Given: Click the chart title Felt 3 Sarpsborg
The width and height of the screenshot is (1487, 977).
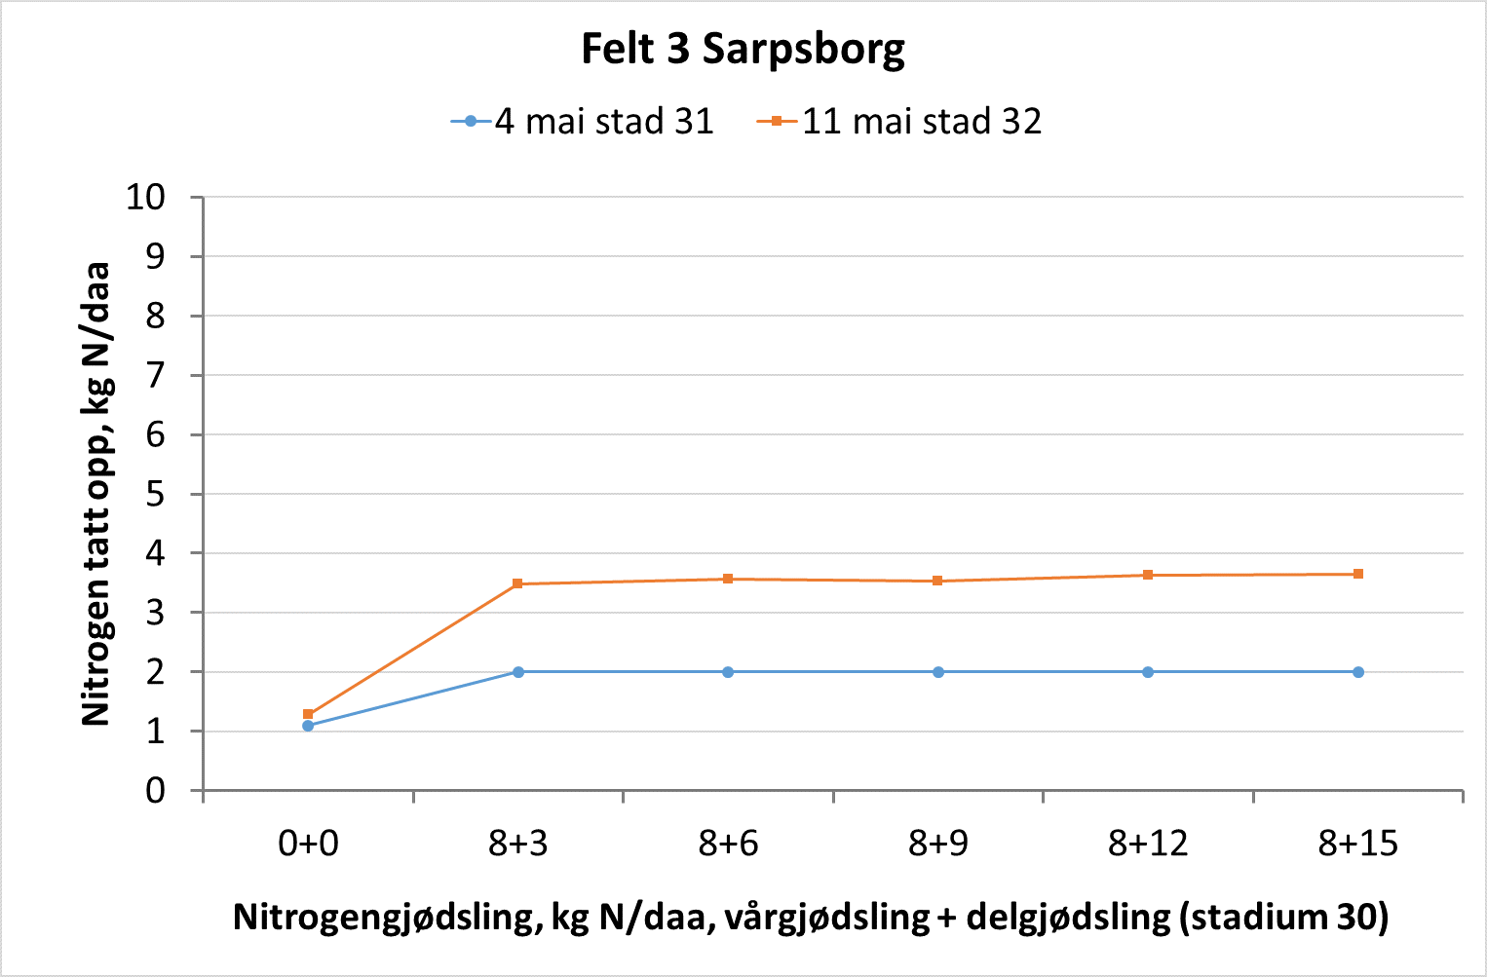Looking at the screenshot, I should pos(743,49).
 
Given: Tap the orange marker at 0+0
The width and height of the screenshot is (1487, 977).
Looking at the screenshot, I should pos(308,714).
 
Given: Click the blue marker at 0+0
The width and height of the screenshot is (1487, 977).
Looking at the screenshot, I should pos(308,726).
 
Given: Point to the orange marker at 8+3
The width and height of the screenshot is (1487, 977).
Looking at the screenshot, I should pos(518,583).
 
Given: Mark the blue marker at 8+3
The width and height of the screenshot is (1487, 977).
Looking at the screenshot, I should pos(518,672).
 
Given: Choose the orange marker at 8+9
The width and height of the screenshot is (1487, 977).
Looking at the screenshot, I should pos(938,581).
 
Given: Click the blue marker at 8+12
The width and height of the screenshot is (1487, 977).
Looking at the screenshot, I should pos(1148,672).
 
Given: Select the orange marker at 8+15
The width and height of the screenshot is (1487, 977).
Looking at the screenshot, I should pos(1358,574).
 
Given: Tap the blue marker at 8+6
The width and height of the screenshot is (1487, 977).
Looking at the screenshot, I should pos(728,672).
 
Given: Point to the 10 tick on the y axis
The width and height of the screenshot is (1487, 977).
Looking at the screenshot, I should pos(145,198).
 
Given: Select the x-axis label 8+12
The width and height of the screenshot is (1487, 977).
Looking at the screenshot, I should pos(1148,844).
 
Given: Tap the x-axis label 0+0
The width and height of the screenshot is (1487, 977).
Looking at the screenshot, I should pos(308,844).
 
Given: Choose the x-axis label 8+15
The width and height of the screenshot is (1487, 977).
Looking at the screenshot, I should pos(1358,844).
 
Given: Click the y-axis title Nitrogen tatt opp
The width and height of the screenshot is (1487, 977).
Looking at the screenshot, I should pos(96,494).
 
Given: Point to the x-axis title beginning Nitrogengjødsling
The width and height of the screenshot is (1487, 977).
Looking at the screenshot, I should pos(811,918).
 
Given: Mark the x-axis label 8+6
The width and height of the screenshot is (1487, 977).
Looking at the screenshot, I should pos(728,844).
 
